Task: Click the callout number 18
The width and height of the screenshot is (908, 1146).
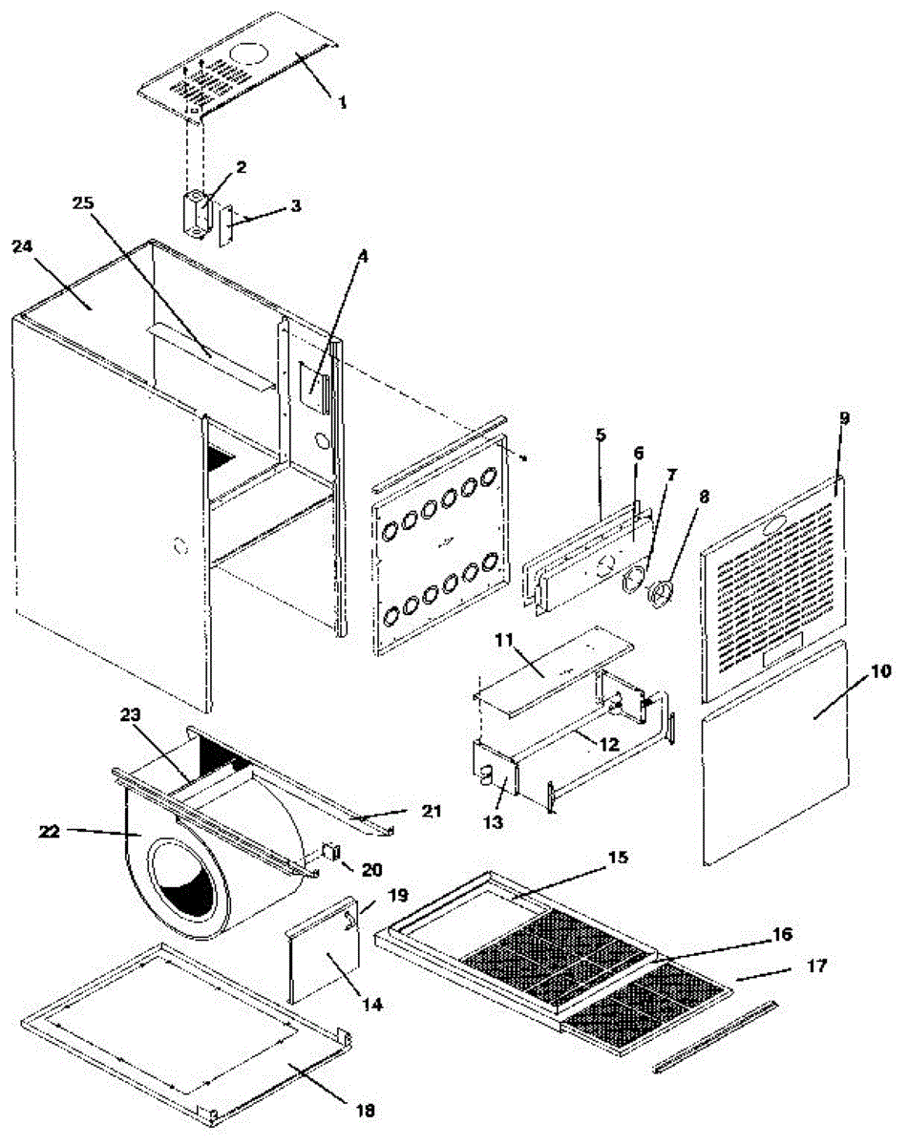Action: pos(365,1110)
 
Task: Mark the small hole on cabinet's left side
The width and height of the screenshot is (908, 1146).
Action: pos(178,548)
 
